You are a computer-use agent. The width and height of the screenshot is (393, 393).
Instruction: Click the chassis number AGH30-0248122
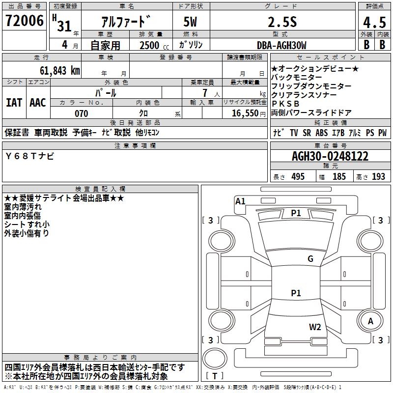(x=330, y=156)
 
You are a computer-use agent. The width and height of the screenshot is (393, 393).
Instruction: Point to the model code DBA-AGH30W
(x=281, y=45)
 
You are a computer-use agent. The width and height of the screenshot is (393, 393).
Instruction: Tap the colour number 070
(x=81, y=113)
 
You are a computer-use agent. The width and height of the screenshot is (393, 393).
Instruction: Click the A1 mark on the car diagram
(x=240, y=201)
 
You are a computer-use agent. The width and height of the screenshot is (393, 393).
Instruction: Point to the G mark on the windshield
(x=310, y=259)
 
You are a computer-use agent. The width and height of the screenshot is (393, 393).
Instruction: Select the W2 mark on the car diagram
(x=315, y=327)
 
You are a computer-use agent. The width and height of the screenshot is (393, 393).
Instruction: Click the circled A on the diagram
(x=371, y=321)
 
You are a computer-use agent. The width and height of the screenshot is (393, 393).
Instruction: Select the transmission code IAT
(x=14, y=103)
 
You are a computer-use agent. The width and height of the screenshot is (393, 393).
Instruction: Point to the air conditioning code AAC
(x=38, y=103)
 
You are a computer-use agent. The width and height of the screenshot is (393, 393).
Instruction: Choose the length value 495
(x=298, y=177)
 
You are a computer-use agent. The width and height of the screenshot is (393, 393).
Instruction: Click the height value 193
(x=378, y=177)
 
